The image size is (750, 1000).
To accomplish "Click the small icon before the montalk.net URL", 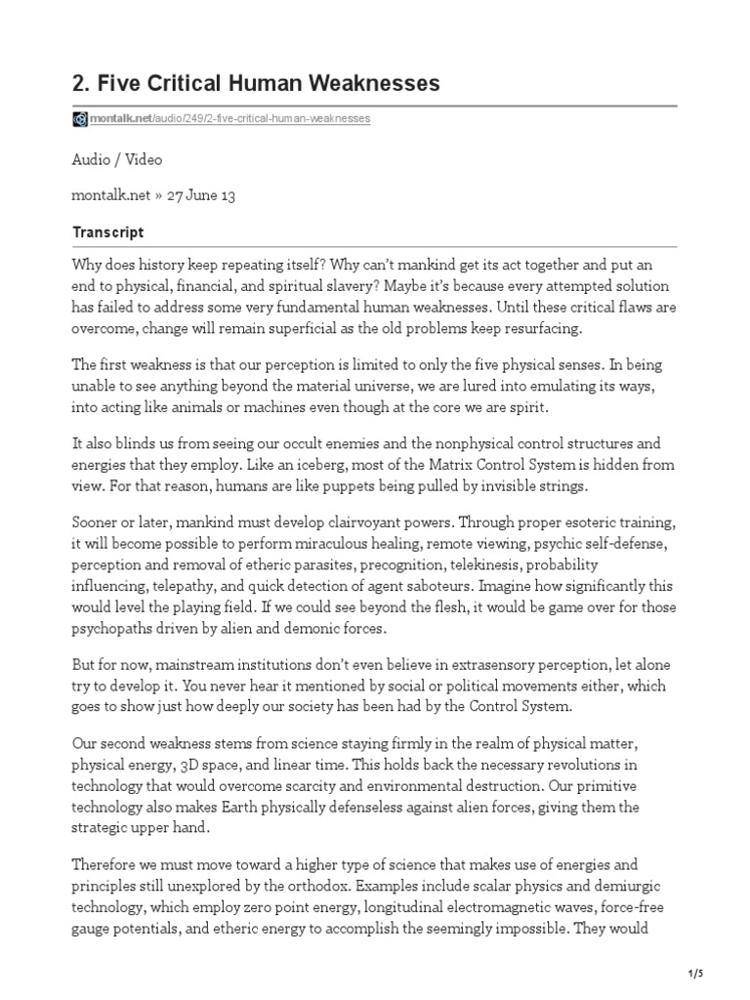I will (80, 119).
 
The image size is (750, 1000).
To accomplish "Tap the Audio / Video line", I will (117, 159).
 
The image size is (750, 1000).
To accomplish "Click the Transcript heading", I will (108, 232).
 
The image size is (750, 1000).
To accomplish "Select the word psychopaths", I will (117, 627).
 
